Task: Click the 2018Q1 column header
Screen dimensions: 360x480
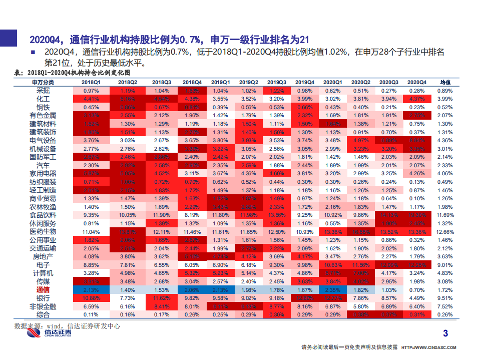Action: pyautogui.click(x=91, y=82)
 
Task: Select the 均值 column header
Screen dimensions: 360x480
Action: pyautogui.click(x=445, y=82)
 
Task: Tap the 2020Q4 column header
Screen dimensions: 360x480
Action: pyautogui.click(x=416, y=82)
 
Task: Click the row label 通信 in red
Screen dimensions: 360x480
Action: pyautogui.click(x=43, y=290)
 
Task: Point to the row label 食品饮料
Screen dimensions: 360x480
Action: pyautogui.click(x=43, y=215)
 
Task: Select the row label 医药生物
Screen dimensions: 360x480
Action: pyautogui.click(x=43, y=232)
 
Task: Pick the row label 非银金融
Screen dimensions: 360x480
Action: pyautogui.click(x=43, y=306)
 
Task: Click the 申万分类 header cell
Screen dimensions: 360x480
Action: pyautogui.click(x=43, y=82)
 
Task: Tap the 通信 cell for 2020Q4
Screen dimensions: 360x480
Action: pyautogui.click(x=416, y=290)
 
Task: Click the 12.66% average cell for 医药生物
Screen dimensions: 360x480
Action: pyautogui.click(x=445, y=232)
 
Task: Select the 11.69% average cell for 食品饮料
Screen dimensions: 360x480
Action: pyautogui.click(x=445, y=215)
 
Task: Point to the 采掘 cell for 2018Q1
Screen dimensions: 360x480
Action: pyautogui.click(x=91, y=91)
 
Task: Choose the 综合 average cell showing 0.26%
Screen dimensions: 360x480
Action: pyautogui.click(x=445, y=314)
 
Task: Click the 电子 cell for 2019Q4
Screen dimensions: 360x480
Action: pyautogui.click(x=305, y=265)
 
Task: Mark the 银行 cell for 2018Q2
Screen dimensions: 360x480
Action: pyautogui.click(x=128, y=298)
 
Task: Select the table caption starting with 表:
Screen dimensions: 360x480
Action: pyautogui.click(x=76, y=73)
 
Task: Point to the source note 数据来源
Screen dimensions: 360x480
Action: pyautogui.click(x=67, y=325)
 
